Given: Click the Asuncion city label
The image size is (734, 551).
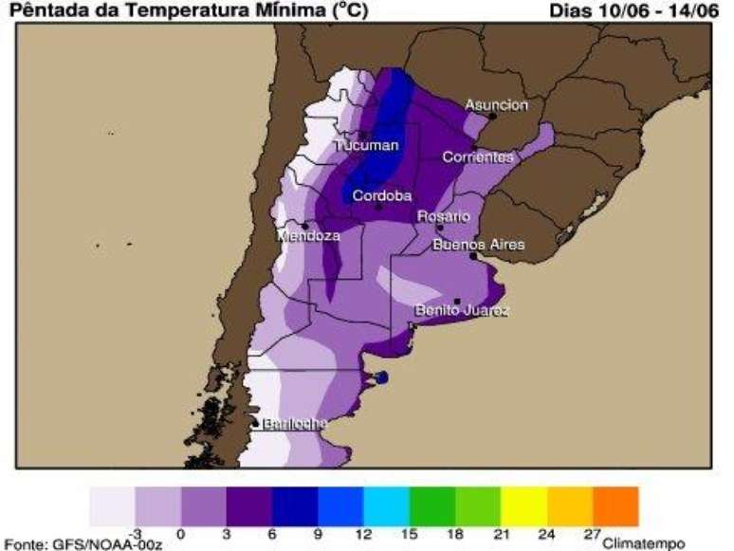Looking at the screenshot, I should click(496, 105).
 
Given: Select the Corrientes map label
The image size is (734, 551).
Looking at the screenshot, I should click(478, 157).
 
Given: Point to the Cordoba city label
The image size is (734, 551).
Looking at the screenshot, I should click(381, 196).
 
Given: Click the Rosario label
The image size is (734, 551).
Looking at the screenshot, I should click(444, 217).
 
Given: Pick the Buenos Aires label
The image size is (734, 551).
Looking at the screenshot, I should click(478, 245).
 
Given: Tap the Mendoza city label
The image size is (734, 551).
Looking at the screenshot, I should click(308, 235).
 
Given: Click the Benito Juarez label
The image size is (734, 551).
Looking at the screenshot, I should click(462, 311).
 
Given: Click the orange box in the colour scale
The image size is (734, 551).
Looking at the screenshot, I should click(615, 506).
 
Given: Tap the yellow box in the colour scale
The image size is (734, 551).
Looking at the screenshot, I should click(524, 506).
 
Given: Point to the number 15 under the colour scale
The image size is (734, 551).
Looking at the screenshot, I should click(410, 535).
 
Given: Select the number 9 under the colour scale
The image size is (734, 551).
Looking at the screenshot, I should click(318, 535).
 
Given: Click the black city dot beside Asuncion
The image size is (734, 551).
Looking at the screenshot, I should click(493, 116).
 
